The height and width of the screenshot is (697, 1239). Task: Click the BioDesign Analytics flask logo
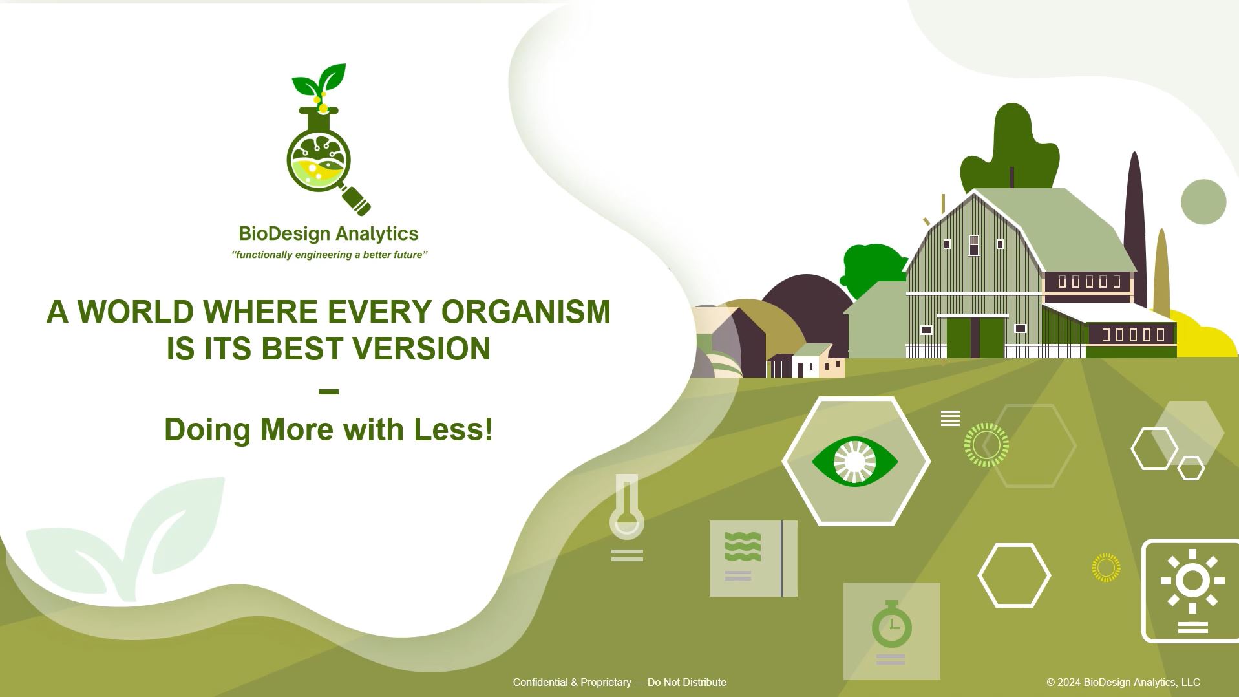(x=328, y=140)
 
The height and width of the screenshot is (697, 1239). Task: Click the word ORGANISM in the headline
(x=526, y=312)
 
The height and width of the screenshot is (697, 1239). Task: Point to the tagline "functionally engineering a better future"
(x=330, y=255)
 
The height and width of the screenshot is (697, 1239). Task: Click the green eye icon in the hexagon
(x=855, y=461)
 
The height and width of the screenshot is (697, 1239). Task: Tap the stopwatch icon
(x=891, y=625)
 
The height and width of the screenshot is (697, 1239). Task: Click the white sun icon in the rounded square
(x=1192, y=581)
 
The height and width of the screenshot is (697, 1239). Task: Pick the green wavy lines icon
(x=743, y=546)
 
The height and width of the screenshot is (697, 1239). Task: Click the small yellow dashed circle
(x=1106, y=568)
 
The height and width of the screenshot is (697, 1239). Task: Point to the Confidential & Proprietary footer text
(x=620, y=682)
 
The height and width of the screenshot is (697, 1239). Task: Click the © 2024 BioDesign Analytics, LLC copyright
(x=1123, y=682)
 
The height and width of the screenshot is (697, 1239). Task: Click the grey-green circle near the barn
(x=1203, y=202)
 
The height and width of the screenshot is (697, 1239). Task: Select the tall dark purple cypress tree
(x=1134, y=226)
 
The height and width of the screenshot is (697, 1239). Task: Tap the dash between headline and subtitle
(x=329, y=391)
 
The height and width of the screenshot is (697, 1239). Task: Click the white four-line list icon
(x=950, y=418)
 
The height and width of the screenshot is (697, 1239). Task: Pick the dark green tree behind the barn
(x=1010, y=152)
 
